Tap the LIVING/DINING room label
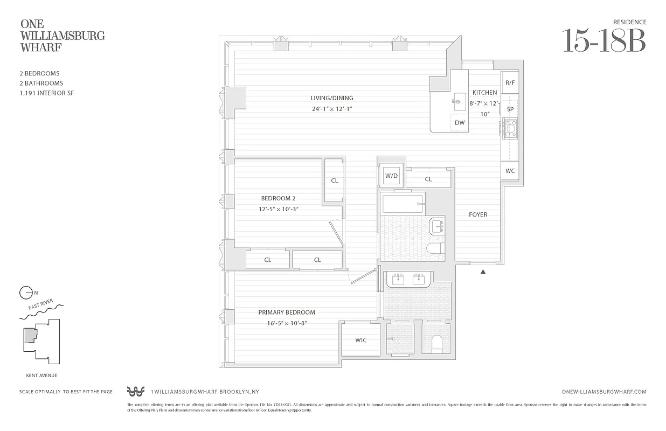tap(331, 98)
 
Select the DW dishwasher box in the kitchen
tap(460, 123)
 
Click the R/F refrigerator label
tap(510, 83)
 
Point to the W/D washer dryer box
tap(391, 176)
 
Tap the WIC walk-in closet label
tap(360, 340)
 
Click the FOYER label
tap(477, 214)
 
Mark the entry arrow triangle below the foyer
tap(483, 272)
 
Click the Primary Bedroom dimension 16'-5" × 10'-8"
tap(286, 323)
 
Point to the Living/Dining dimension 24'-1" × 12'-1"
tap(331, 109)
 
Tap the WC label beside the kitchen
tap(510, 171)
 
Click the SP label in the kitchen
tap(510, 109)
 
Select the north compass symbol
tap(26, 293)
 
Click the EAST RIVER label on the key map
tap(44, 308)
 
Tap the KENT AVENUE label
tap(41, 376)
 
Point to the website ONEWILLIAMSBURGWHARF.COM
tap(603, 392)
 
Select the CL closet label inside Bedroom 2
tap(334, 180)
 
